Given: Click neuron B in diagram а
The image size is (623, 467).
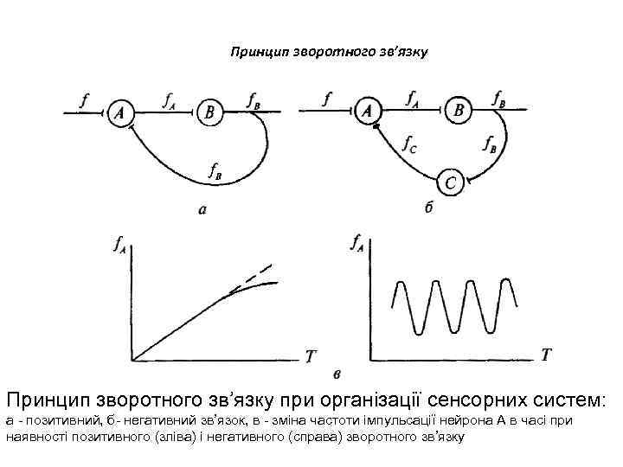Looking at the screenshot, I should pos(209,112).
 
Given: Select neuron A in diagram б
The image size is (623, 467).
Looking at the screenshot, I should pos(369,112).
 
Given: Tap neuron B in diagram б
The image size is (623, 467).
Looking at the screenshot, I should pos(459,111).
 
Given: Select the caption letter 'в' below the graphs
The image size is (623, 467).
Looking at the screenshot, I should pos(337,373).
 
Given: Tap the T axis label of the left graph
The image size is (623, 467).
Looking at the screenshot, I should pos(311,355).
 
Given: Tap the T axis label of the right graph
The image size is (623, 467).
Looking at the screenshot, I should pos(546,354).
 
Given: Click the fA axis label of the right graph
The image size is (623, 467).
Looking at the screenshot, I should pos(356,245).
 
